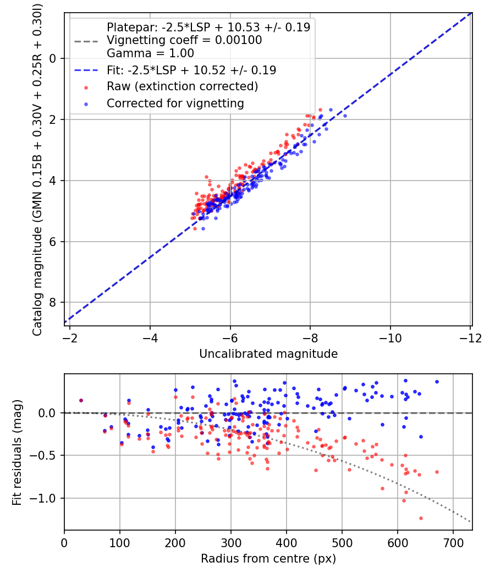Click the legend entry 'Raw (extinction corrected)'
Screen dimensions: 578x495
[182, 86]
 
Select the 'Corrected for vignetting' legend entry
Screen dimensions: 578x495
[175, 103]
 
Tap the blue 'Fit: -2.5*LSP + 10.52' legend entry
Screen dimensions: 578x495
[191, 70]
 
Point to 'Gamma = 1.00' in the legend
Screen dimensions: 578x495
[150, 53]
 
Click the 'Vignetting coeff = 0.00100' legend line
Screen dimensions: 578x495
[184, 40]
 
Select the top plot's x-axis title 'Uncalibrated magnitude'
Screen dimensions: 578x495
[268, 353]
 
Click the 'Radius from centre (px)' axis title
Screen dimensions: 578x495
[268, 559]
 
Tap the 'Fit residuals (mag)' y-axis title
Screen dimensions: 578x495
[17, 452]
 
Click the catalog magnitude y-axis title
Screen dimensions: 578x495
[37, 170]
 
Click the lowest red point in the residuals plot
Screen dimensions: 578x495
[421, 518]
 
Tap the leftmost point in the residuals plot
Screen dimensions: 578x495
[81, 401]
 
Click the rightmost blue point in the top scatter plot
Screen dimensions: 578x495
[345, 116]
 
